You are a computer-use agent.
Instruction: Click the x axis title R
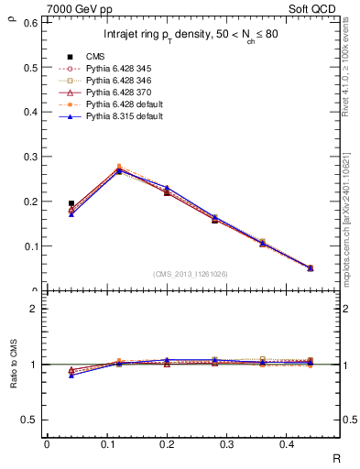point(336,458)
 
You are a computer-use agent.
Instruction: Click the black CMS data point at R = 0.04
point(71,203)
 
